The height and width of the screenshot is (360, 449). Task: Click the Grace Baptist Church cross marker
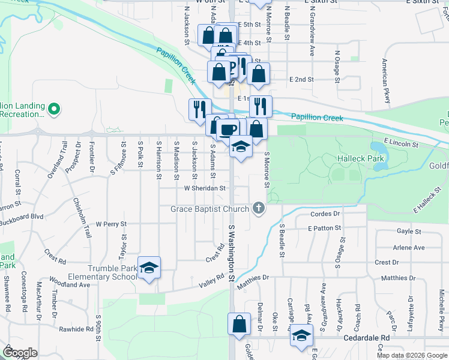259,209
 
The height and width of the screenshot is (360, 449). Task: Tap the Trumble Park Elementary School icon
149,267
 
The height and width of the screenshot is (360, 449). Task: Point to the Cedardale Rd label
366,338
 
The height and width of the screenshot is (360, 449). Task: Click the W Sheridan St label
204,188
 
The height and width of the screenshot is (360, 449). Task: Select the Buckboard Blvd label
22,216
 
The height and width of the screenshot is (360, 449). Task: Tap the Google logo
20,352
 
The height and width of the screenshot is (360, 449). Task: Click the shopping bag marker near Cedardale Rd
239,323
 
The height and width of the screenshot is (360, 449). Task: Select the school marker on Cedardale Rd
302,335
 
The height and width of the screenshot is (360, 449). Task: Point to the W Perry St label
111,224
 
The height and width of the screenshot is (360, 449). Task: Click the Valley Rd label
212,284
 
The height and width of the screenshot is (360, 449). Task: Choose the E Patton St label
324,228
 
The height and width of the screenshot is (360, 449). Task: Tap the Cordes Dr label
325,214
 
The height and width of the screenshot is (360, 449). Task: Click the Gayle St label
408,231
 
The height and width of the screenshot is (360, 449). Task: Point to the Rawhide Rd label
76,329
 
